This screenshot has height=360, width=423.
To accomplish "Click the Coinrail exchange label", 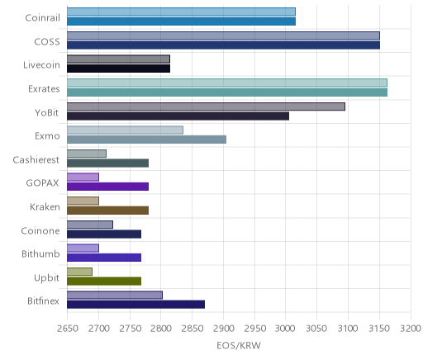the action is [x=42, y=18].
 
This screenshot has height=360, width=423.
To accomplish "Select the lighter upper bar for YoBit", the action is [x=206, y=107].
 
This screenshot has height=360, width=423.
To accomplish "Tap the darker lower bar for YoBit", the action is [x=178, y=116].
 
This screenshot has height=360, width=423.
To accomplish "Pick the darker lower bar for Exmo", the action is [x=146, y=140].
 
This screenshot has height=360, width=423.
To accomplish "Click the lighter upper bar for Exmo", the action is [x=125, y=130].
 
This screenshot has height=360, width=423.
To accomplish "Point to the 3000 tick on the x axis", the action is [x=286, y=329].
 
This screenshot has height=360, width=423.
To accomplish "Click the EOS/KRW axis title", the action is [x=239, y=346].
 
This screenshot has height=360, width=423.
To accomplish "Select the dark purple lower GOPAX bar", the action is [x=107, y=187].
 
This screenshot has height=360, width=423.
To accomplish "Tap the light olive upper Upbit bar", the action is [x=79, y=272].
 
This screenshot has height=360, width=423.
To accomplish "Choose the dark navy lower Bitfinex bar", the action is [x=135, y=305].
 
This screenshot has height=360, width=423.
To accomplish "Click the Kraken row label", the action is [x=45, y=206].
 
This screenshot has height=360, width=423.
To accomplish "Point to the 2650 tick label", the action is [x=68, y=329].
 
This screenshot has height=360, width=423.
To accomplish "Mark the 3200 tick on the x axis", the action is [x=411, y=329].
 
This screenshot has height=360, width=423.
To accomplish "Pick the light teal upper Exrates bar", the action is [x=227, y=83].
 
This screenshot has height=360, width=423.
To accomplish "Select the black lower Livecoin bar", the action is [x=118, y=69].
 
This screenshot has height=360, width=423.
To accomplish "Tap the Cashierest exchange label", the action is [x=36, y=160].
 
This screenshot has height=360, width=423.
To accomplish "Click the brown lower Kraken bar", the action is [x=107, y=211].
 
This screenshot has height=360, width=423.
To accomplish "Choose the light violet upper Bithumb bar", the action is [x=83, y=248].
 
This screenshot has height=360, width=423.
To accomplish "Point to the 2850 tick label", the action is [x=192, y=329].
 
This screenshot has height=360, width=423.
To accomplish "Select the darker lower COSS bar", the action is [x=223, y=45].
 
